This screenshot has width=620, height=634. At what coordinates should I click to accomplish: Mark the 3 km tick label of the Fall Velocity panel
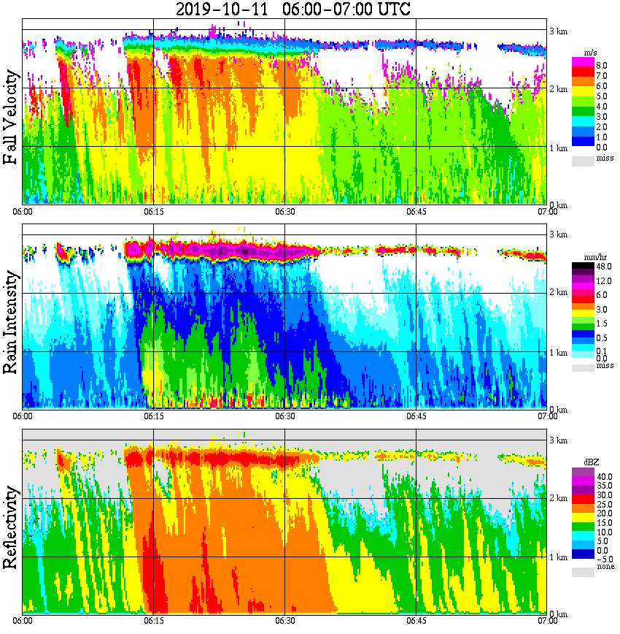click(559, 31)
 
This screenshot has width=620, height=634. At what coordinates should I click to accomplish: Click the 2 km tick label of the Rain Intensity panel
click(559, 293)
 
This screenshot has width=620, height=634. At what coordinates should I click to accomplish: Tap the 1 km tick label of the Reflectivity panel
click(559, 557)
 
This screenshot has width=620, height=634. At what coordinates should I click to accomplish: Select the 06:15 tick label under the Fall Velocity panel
click(153, 212)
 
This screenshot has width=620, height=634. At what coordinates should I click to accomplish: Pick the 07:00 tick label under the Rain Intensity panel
click(546, 416)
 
